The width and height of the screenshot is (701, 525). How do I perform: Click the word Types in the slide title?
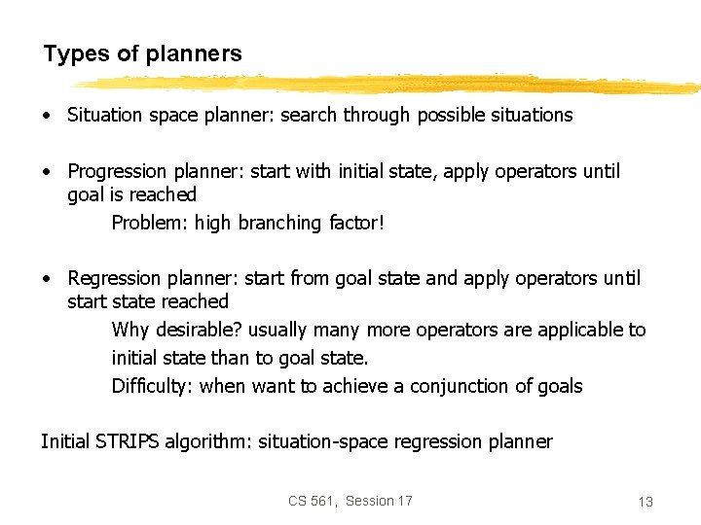click(76, 53)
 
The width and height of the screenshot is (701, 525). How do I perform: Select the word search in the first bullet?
click(309, 115)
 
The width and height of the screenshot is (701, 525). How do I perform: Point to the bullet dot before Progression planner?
click(47, 172)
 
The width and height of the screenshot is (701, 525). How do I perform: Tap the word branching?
click(279, 223)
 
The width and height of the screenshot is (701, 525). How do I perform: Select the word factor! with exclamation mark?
click(356, 223)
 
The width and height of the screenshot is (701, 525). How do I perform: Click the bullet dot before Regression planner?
click(47, 279)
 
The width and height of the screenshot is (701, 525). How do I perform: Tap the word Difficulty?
click(153, 386)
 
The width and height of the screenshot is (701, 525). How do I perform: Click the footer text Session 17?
click(379, 501)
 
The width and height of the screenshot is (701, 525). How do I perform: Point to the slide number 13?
click(645, 502)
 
